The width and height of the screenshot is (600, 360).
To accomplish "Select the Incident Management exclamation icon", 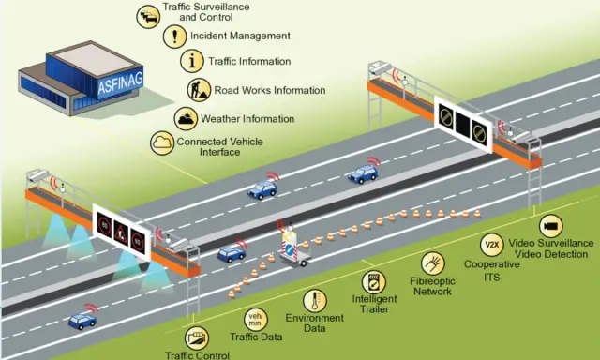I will pyautogui.click(x=173, y=37).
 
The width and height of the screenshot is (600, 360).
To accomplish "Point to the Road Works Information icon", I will pyautogui.click(x=200, y=90).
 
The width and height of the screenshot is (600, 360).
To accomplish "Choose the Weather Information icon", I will pyautogui.click(x=186, y=119).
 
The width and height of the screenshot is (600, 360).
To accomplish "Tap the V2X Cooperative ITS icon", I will pyautogui.click(x=491, y=245).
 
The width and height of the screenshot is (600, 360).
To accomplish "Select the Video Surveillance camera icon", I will pyautogui.click(x=549, y=228).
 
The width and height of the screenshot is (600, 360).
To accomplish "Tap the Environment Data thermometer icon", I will pyautogui.click(x=315, y=300).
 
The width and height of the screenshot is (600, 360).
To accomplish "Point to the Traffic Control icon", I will pyautogui.click(x=198, y=337).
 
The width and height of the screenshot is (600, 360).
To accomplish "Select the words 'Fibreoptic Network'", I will pyautogui.click(x=433, y=286).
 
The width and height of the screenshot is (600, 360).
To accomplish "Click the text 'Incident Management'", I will pyautogui.click(x=240, y=37).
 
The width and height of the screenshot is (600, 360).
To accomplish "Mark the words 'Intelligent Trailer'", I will pyautogui.click(x=374, y=305).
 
